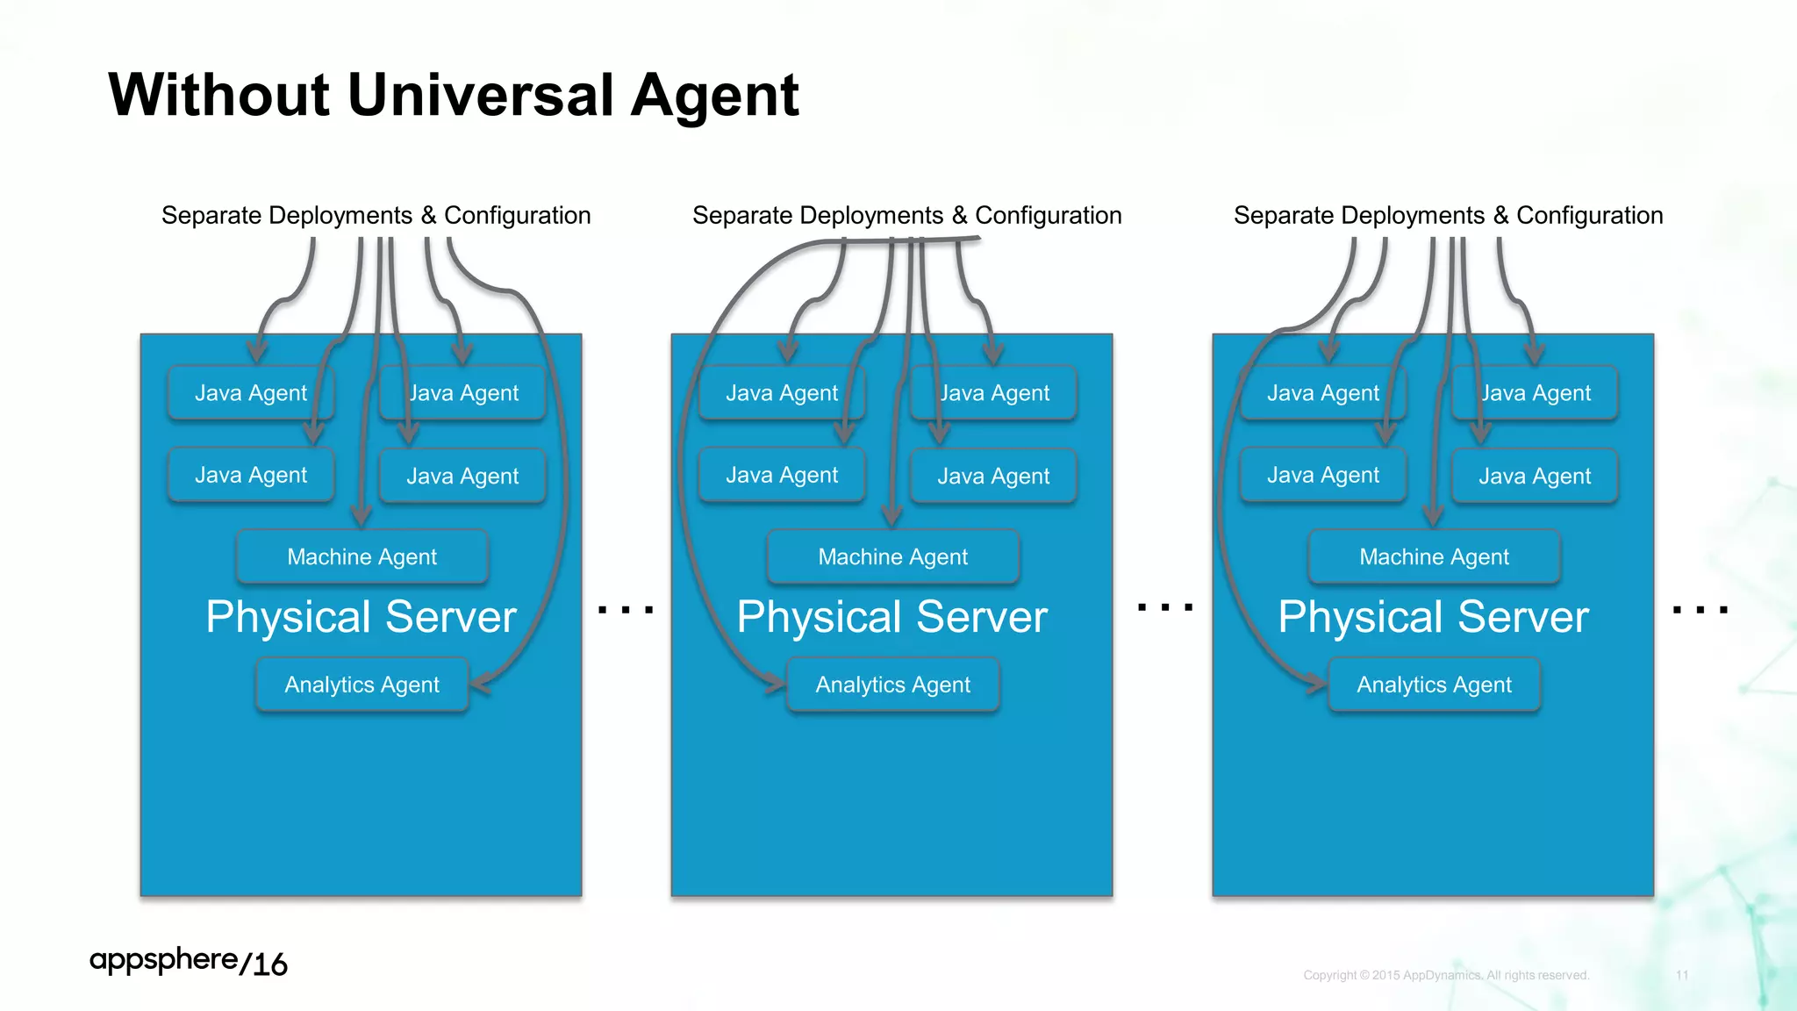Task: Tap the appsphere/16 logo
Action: [x=188, y=962]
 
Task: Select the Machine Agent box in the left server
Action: [x=362, y=556]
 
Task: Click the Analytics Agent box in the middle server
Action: [x=892, y=685]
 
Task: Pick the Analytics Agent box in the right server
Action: [x=1434, y=685]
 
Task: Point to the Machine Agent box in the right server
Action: [x=1434, y=556]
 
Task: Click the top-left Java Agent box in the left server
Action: [x=250, y=393]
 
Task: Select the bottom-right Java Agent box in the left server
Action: [x=462, y=476]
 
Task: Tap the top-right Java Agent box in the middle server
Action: [x=994, y=393]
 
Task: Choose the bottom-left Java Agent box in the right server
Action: [x=1322, y=475]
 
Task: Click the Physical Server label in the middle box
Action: [x=891, y=617]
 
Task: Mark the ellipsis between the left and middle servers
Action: [x=626, y=609]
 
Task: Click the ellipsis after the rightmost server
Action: [x=1700, y=609]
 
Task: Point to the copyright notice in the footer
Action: [x=1446, y=975]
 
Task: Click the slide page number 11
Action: [x=1682, y=975]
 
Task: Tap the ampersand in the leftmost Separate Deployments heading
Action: [x=428, y=216]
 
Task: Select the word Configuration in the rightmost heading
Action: [x=1589, y=216]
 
